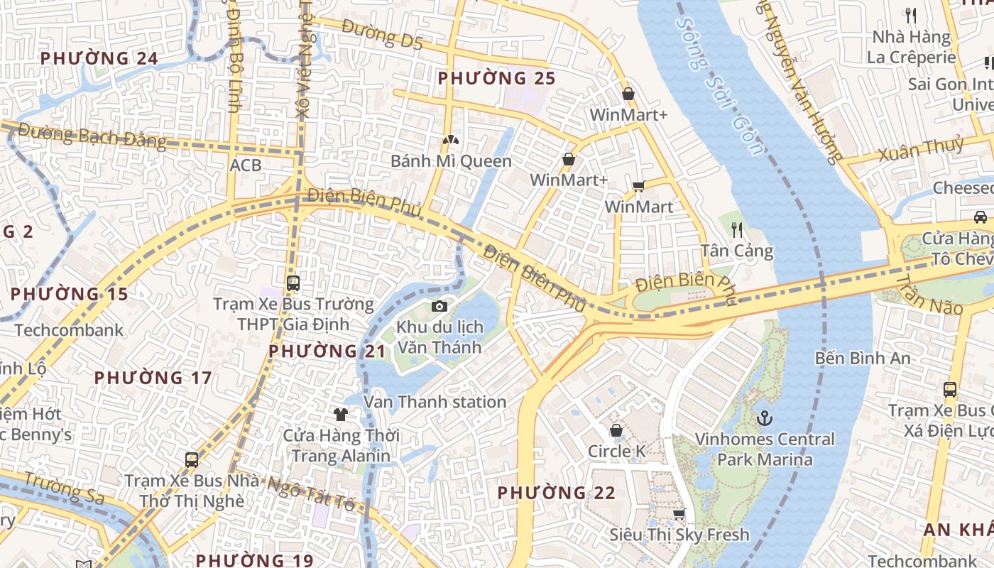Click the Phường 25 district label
(x=496, y=78)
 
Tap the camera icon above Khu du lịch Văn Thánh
(x=439, y=306)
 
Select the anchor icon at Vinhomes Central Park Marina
(x=764, y=418)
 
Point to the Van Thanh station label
(x=435, y=402)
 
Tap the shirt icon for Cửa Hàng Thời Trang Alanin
(x=341, y=414)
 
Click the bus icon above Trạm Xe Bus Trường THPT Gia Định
(x=293, y=283)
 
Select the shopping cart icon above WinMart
(x=638, y=187)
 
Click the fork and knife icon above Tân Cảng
(x=737, y=229)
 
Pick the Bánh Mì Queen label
(x=451, y=161)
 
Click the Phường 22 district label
(x=556, y=493)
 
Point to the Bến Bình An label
(x=862, y=358)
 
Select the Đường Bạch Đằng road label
(x=92, y=136)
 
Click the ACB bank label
(x=246, y=165)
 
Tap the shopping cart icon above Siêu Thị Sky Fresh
(x=679, y=514)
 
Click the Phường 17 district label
(x=153, y=378)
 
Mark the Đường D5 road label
(x=382, y=35)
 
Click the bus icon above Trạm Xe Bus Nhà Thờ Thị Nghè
(x=192, y=459)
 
